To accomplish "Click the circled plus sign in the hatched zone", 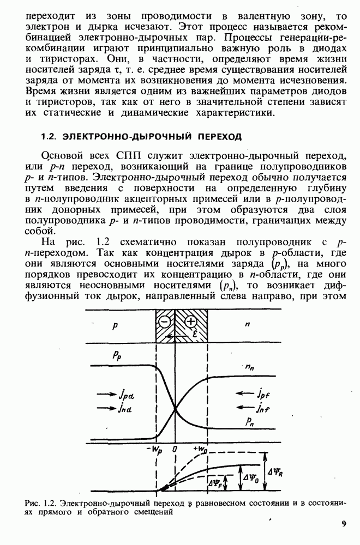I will tap(191, 322).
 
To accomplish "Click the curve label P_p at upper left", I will tap(117, 355).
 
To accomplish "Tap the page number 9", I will tap(344, 524).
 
